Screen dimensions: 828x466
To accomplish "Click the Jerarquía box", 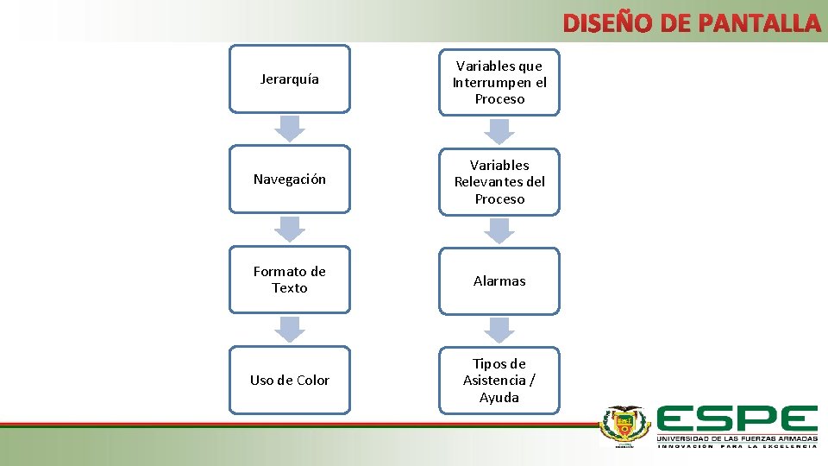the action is click(x=290, y=79).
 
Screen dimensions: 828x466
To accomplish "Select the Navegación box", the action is click(x=290, y=179).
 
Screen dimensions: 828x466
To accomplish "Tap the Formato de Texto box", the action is click(x=290, y=280).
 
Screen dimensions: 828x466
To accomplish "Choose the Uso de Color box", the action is click(x=290, y=380).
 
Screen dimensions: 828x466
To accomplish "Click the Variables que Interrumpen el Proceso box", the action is click(x=499, y=82).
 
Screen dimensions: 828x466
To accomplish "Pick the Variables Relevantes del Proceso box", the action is click(x=499, y=181).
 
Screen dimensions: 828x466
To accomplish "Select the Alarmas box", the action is click(x=499, y=280).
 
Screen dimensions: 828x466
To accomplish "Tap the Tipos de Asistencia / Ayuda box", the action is click(x=499, y=380).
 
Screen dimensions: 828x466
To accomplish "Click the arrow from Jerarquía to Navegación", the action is click(x=290, y=129).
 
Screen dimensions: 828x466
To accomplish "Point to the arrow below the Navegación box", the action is click(x=290, y=229).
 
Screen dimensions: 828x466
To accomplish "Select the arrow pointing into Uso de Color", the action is click(x=290, y=329).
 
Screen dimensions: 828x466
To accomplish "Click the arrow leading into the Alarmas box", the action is click(x=499, y=230).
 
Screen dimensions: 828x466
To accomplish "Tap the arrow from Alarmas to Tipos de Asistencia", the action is click(x=499, y=330).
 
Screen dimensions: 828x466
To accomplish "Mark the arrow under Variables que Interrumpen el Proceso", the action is click(x=499, y=130).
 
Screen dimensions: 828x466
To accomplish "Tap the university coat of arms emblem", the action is click(x=626, y=425).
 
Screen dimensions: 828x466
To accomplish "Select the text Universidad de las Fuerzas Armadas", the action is click(x=737, y=439).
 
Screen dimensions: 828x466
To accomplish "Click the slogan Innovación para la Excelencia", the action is click(x=737, y=447).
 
